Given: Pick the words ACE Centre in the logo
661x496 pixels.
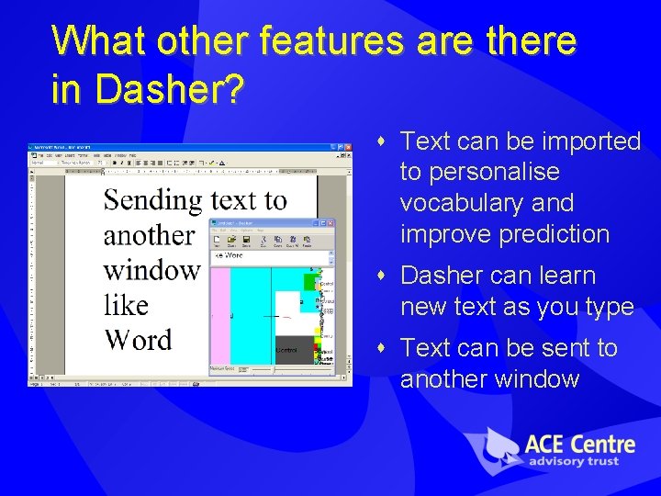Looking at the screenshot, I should [x=579, y=445].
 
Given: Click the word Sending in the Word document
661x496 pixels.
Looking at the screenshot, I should [x=152, y=200].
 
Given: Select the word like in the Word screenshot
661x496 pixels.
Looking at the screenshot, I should [x=126, y=305].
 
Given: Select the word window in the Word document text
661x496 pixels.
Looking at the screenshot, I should [x=151, y=270].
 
